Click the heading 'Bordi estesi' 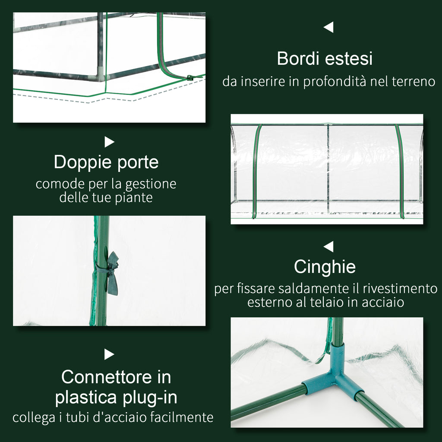coord(325,58)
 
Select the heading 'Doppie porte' coord(106,162)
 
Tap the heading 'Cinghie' coord(325,267)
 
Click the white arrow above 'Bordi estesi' coord(328,28)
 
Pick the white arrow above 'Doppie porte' coord(109,142)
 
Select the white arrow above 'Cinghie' coord(328,247)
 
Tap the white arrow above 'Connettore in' coord(109,354)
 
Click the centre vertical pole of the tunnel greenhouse coord(328,168)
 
